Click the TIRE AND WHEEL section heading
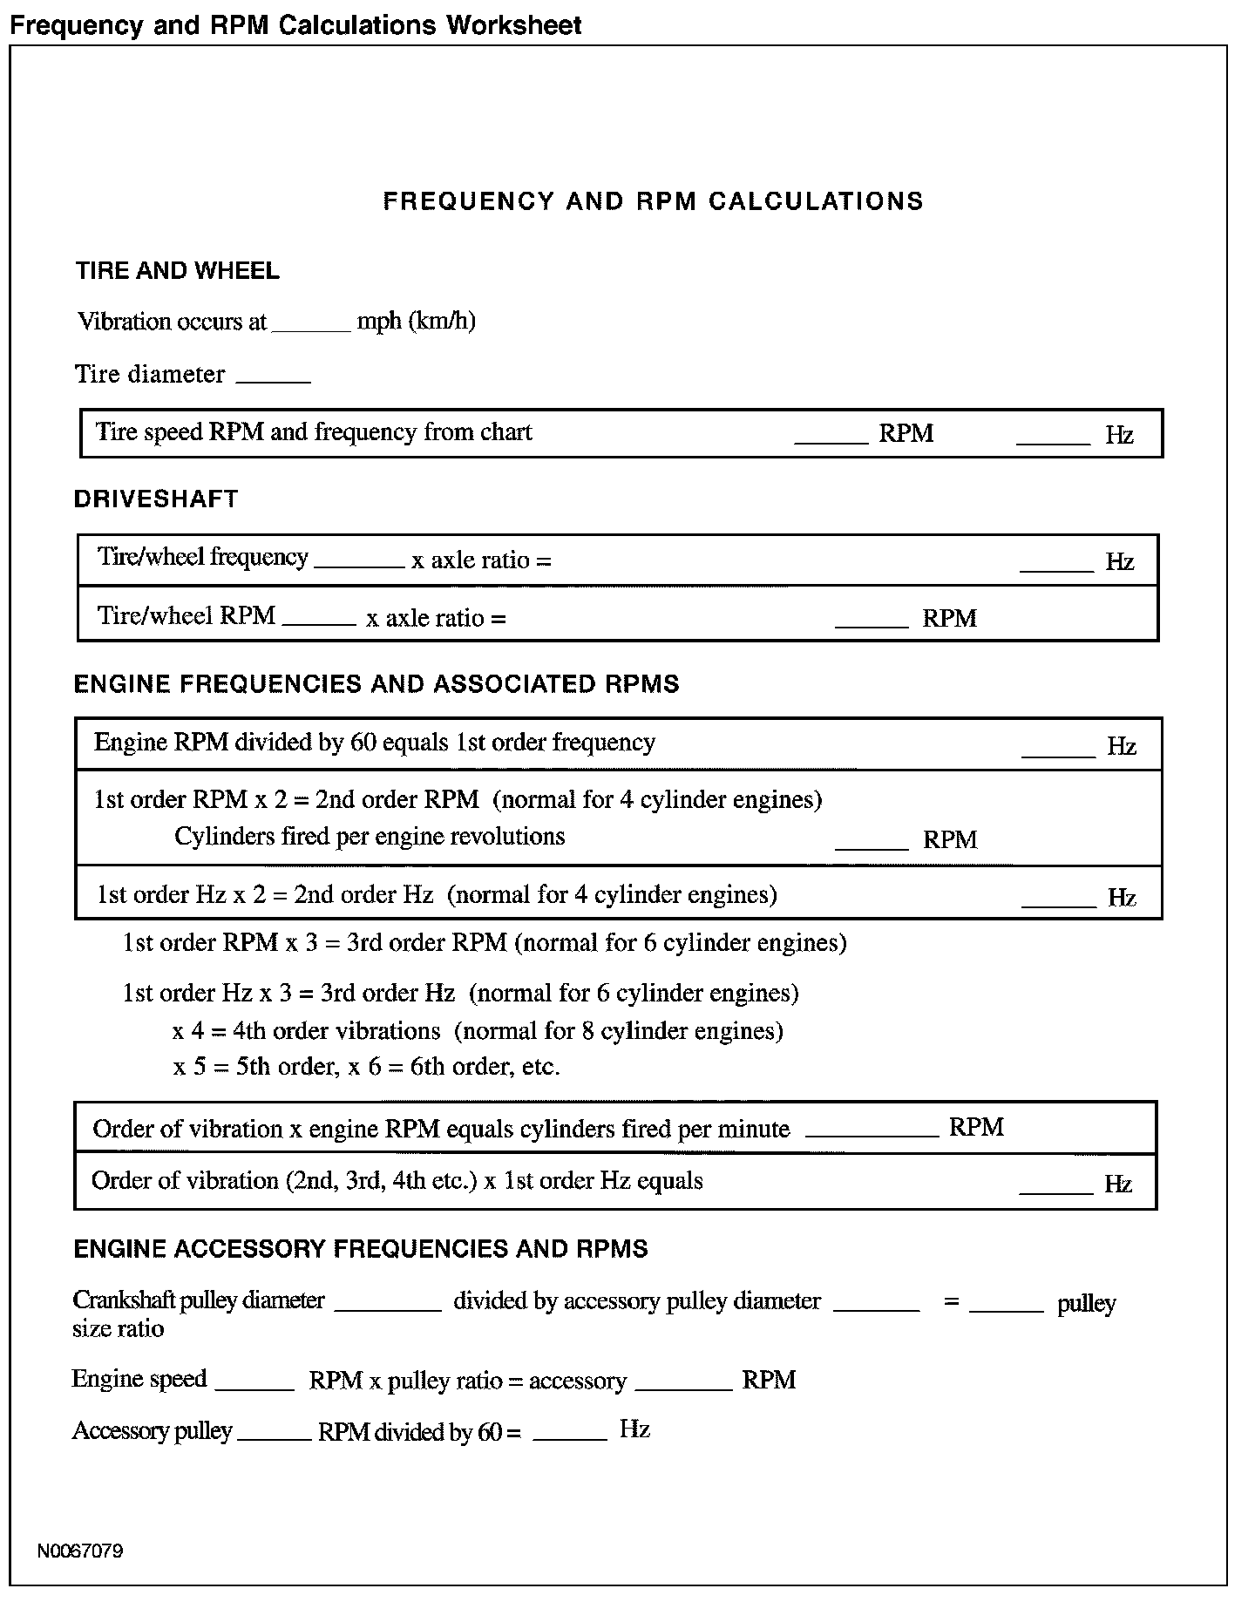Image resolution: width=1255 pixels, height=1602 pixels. click(177, 271)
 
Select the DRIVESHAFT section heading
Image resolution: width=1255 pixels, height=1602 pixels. click(156, 499)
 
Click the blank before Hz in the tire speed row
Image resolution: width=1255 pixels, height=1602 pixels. click(1053, 440)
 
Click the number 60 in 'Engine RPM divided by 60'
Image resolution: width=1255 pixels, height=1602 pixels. click(362, 743)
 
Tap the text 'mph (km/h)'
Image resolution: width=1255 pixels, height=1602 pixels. click(416, 322)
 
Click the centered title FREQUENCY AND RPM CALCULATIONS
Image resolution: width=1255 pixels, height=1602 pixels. click(653, 201)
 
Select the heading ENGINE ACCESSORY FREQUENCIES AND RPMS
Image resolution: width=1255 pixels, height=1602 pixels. click(361, 1249)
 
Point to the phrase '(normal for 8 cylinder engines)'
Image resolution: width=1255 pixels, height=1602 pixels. click(618, 1031)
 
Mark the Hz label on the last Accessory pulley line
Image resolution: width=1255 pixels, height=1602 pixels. click(634, 1429)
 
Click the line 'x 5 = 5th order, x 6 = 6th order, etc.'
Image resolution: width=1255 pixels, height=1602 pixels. click(366, 1067)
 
